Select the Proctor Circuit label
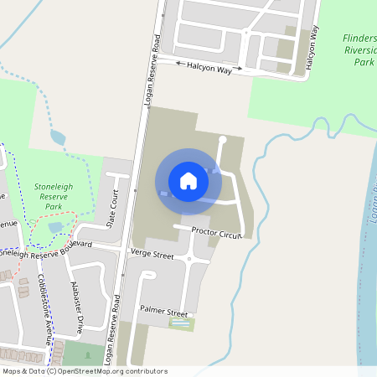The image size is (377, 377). pyautogui.click(x=216, y=233)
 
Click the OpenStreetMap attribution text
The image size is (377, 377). pyautogui.click(x=84, y=370)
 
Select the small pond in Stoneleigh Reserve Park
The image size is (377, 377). pyautogui.click(x=55, y=227)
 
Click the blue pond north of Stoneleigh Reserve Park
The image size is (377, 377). pyautogui.click(x=58, y=137)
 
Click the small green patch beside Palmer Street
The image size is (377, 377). pyautogui.click(x=181, y=323)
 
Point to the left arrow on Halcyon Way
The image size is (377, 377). pyautogui.click(x=178, y=61)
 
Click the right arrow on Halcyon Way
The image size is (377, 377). pyautogui.click(x=239, y=68)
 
